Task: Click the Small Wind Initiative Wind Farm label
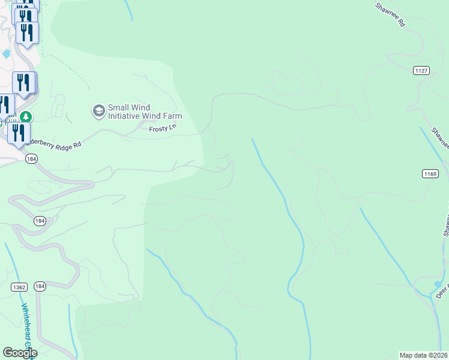click(144, 112)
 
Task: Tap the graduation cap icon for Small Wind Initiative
click(97, 111)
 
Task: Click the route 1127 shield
click(421, 71)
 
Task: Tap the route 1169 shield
click(429, 174)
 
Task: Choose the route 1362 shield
click(19, 287)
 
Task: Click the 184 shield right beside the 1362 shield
click(40, 287)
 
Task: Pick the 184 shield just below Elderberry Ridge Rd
click(31, 158)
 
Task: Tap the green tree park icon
click(25, 116)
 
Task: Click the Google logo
click(19, 353)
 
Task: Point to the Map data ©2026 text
click(423, 355)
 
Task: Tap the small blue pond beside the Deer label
click(438, 284)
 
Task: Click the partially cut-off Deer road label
click(442, 292)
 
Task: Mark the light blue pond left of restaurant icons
click(6, 53)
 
